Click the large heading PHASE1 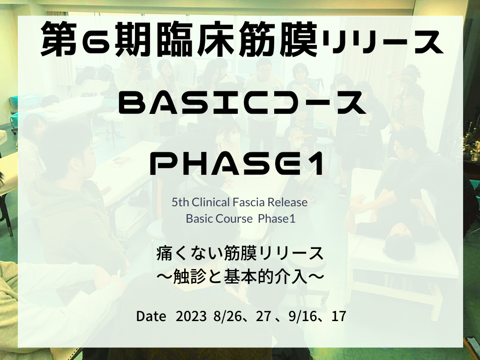[x=237, y=164]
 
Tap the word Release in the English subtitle [x=287, y=202]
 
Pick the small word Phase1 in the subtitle [x=277, y=219]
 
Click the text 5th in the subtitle [x=180, y=202]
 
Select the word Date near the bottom [x=151, y=316]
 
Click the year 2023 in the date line [x=191, y=316]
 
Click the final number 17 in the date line [x=338, y=316]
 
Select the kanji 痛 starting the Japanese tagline [x=164, y=254]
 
